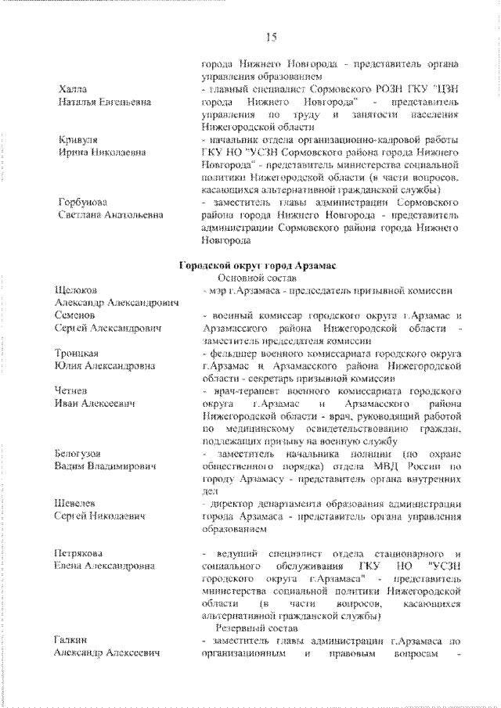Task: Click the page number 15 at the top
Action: point(271,37)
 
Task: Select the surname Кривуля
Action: point(77,139)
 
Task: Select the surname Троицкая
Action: point(77,353)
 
